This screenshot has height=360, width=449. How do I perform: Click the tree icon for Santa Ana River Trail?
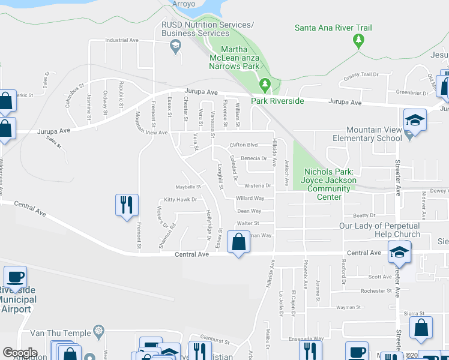coord(359,41)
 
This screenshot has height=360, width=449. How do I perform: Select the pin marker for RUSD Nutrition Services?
coord(176,49)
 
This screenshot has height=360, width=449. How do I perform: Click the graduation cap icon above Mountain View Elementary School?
coord(415,119)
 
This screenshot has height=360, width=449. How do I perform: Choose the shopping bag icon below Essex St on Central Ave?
coord(239,243)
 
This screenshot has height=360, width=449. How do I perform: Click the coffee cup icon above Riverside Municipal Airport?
coord(15,277)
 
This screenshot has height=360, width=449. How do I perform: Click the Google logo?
coord(20,353)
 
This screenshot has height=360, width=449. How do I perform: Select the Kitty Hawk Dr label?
coord(180,200)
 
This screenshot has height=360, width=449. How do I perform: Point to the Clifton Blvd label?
coord(244,145)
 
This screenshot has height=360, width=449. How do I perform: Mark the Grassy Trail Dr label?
coord(361,75)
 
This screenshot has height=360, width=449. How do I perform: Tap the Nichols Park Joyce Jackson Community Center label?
coord(330,184)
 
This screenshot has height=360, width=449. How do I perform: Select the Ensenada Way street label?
coord(306,338)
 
